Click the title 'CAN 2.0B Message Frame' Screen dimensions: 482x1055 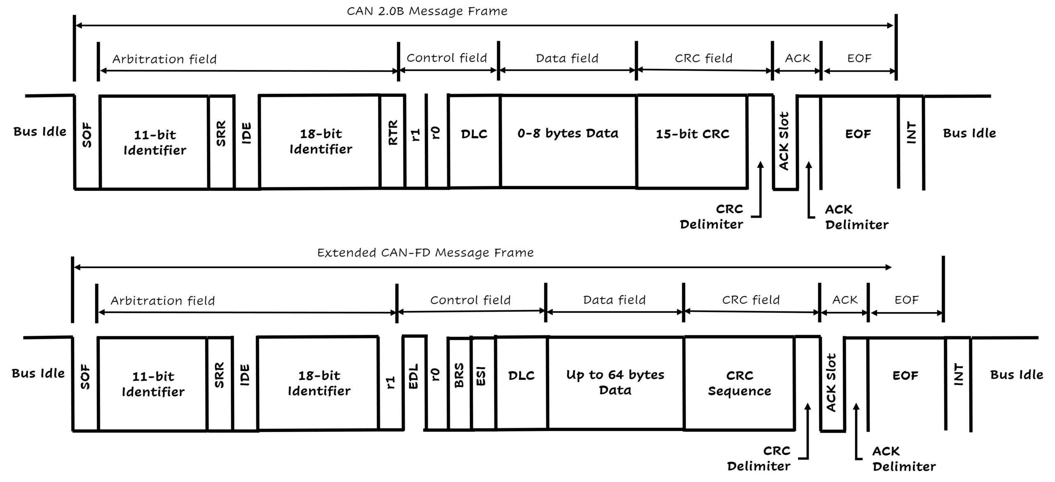[427, 11]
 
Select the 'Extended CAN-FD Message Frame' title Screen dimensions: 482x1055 [425, 253]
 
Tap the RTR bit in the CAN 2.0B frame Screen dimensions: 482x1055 [393, 133]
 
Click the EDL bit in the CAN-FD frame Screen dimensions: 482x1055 [413, 376]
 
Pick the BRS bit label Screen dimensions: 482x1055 [459, 375]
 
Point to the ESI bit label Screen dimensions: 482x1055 [481, 376]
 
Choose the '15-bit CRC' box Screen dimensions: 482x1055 [692, 134]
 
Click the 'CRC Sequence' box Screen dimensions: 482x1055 [739, 383]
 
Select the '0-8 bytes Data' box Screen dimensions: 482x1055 [568, 133]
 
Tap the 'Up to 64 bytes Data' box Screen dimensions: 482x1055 [615, 382]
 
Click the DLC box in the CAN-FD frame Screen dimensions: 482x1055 [521, 376]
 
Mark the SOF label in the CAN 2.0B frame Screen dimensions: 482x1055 [87, 135]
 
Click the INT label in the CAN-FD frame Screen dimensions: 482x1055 [959, 374]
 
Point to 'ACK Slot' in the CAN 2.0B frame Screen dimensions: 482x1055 [784, 141]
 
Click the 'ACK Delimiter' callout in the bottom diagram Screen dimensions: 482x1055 [904, 459]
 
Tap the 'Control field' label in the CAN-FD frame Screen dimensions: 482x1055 [470, 300]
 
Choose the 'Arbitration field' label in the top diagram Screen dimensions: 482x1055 [164, 59]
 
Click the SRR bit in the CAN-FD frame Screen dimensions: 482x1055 [219, 375]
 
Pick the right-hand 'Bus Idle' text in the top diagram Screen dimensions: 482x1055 [969, 133]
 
